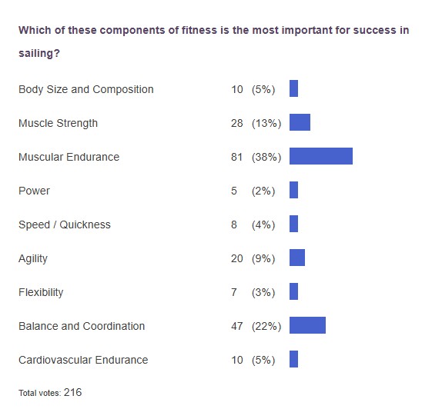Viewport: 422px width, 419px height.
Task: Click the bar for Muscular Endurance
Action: [320, 157]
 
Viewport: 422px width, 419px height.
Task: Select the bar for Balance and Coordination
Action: [307, 326]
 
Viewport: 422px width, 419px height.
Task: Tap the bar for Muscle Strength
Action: [300, 123]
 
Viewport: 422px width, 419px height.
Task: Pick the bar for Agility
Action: [297, 258]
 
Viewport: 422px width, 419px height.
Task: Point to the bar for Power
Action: [293, 191]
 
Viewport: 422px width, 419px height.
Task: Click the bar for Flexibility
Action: [293, 292]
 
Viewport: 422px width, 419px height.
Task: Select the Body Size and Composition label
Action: [85, 89]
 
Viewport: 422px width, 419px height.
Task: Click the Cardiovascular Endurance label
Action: [83, 360]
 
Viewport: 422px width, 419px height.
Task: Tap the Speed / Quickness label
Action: [65, 224]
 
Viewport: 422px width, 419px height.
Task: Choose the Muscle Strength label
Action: [58, 123]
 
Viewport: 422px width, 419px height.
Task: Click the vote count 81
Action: [236, 157]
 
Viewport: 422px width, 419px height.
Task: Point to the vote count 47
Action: [236, 326]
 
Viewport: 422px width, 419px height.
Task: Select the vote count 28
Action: [236, 123]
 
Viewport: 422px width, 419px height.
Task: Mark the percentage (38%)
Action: [266, 157]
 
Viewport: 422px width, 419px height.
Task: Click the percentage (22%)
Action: [266, 326]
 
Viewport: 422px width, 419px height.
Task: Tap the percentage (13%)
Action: [266, 123]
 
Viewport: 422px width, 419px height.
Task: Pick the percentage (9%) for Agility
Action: [263, 258]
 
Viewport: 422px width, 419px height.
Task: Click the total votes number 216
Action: [73, 392]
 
